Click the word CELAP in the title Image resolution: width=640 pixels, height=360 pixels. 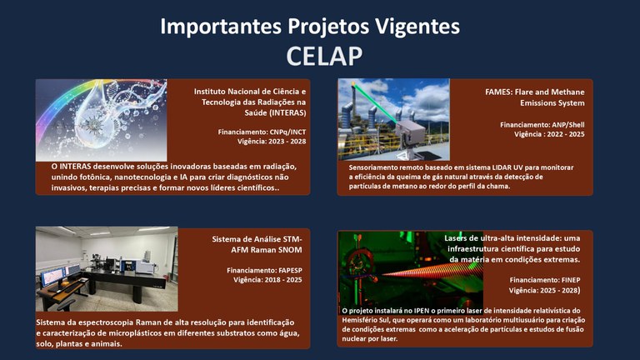tap(320, 56)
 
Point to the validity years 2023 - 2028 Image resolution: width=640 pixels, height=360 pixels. tap(283, 142)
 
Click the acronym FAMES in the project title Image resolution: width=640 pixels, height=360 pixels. tap(501, 92)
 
